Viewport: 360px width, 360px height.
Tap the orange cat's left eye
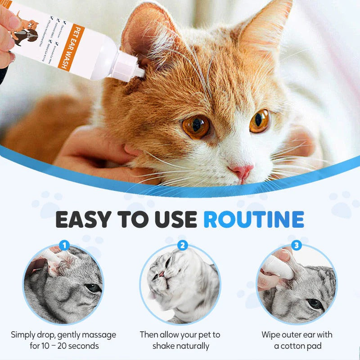point(196,127)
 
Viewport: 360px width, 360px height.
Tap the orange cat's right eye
point(260,121)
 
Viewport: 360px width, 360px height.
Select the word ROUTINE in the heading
point(254,219)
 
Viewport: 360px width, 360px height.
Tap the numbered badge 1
point(64,246)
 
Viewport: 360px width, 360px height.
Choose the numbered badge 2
point(183,246)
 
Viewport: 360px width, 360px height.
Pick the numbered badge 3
point(296,246)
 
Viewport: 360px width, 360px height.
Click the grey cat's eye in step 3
point(315,303)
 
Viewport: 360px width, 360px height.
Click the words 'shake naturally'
point(180,346)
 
